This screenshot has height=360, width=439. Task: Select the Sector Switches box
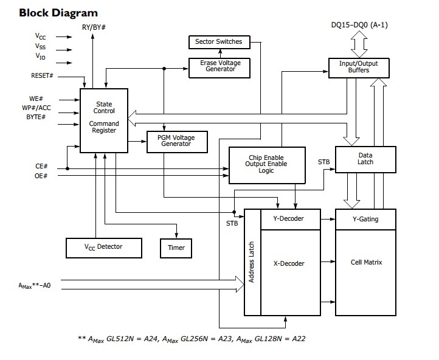218,42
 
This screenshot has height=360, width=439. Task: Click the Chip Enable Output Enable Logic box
266,164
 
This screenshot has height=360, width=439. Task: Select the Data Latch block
365,159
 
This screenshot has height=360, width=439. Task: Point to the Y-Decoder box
290,219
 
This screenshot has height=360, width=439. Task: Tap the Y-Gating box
365,219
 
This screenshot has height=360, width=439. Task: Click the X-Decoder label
289,263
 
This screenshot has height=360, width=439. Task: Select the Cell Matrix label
366,262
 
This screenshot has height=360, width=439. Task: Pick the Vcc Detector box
103,246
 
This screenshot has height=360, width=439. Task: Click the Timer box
176,247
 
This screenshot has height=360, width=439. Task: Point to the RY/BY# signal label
94,27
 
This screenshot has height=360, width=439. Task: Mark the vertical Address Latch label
252,263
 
